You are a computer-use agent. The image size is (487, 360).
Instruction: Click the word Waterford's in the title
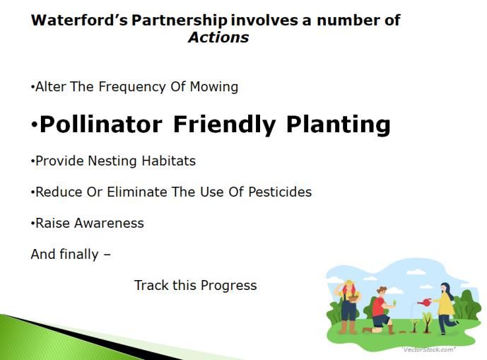tap(79, 21)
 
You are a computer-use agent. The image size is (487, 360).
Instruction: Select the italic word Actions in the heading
tap(218, 37)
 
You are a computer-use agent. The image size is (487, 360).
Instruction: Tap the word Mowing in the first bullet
tap(214, 87)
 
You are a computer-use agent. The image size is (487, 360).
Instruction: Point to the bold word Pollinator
tap(101, 124)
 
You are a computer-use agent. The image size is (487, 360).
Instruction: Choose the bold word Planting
tap(338, 125)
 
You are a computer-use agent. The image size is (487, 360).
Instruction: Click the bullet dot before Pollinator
tap(34, 125)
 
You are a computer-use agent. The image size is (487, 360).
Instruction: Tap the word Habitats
tap(169, 161)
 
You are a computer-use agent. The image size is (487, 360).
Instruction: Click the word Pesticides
tap(280, 192)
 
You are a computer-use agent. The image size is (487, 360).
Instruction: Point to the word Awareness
tap(109, 223)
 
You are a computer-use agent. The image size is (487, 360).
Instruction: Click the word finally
tap(79, 255)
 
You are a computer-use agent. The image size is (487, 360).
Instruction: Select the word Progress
tap(228, 286)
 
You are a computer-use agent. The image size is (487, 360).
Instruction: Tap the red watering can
tap(425, 301)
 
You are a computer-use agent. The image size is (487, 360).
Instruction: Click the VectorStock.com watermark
tap(429, 349)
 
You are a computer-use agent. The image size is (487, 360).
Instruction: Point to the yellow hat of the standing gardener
tap(349, 283)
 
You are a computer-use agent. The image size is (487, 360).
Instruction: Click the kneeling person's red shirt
tap(378, 306)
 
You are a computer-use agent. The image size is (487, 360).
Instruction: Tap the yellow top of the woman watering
tap(445, 303)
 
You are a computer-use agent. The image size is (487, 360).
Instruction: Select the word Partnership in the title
tap(180, 21)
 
